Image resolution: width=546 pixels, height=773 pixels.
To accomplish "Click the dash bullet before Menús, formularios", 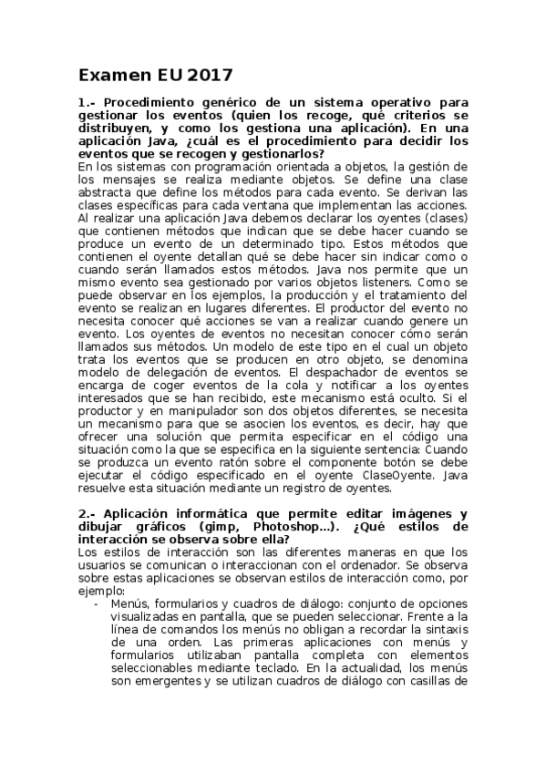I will coord(97,603).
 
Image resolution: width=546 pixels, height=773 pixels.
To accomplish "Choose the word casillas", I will coord(425,681).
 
